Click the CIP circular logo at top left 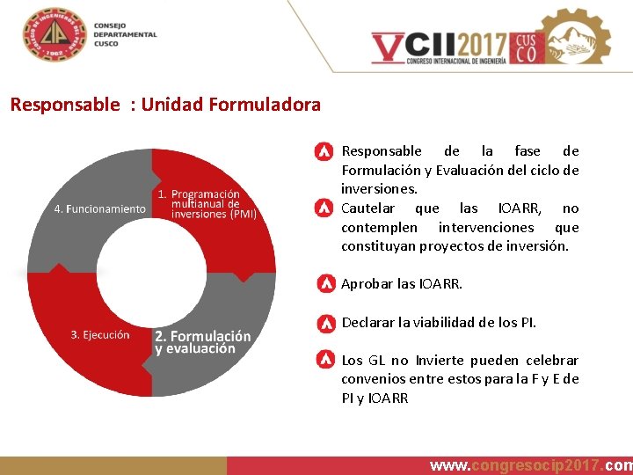[57, 35]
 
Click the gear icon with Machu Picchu [575, 37]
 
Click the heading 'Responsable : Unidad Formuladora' [165, 105]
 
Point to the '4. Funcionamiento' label [99, 208]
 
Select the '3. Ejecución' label [99, 334]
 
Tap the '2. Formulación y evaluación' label [202, 341]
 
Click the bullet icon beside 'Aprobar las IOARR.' [324, 284]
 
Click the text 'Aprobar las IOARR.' [401, 284]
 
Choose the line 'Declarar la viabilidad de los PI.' [438, 322]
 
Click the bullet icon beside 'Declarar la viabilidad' [324, 322]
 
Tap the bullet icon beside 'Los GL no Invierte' [324, 360]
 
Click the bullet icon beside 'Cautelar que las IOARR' [324, 208]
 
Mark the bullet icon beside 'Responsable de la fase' [324, 151]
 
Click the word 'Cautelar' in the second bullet [367, 208]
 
